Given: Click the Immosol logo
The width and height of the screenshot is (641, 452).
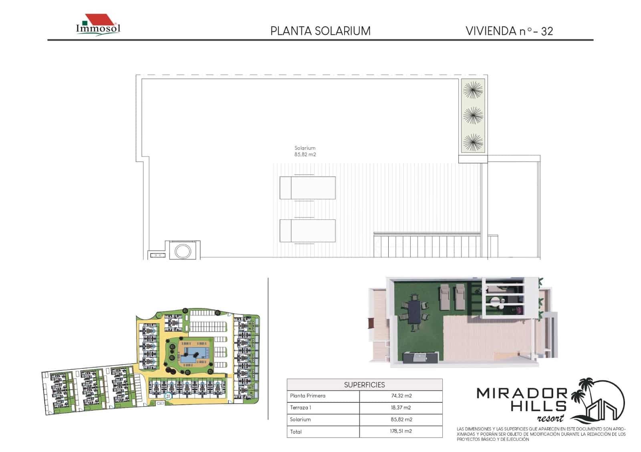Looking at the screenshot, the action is (x=98, y=25).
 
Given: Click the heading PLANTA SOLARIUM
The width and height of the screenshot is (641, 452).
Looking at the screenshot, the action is (x=320, y=31).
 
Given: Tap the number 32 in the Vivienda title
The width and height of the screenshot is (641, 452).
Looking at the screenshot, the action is (x=547, y=32).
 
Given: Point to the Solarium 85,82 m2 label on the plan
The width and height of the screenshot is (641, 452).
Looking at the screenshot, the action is (x=305, y=151).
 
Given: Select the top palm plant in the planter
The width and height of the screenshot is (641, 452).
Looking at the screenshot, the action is (x=473, y=90).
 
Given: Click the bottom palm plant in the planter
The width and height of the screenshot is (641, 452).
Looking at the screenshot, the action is (x=473, y=142).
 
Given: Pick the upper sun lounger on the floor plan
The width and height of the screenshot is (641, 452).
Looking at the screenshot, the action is (x=307, y=188).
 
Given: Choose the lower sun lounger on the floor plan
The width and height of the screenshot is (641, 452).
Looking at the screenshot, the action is (x=307, y=230).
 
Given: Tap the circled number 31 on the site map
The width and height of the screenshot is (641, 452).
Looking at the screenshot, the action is (x=168, y=396).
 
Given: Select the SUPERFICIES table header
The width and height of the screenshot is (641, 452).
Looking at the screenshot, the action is (x=364, y=385).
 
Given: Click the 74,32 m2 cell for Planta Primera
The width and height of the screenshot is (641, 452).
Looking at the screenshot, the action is (x=401, y=396).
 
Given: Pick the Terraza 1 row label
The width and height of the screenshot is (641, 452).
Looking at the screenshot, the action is (x=300, y=408).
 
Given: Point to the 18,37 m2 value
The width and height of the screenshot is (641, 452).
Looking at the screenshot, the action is (x=401, y=408).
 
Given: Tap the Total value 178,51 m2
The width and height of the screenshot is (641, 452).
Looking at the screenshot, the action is (x=401, y=431).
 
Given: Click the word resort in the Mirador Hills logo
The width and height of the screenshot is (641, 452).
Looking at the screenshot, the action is (x=550, y=418).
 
